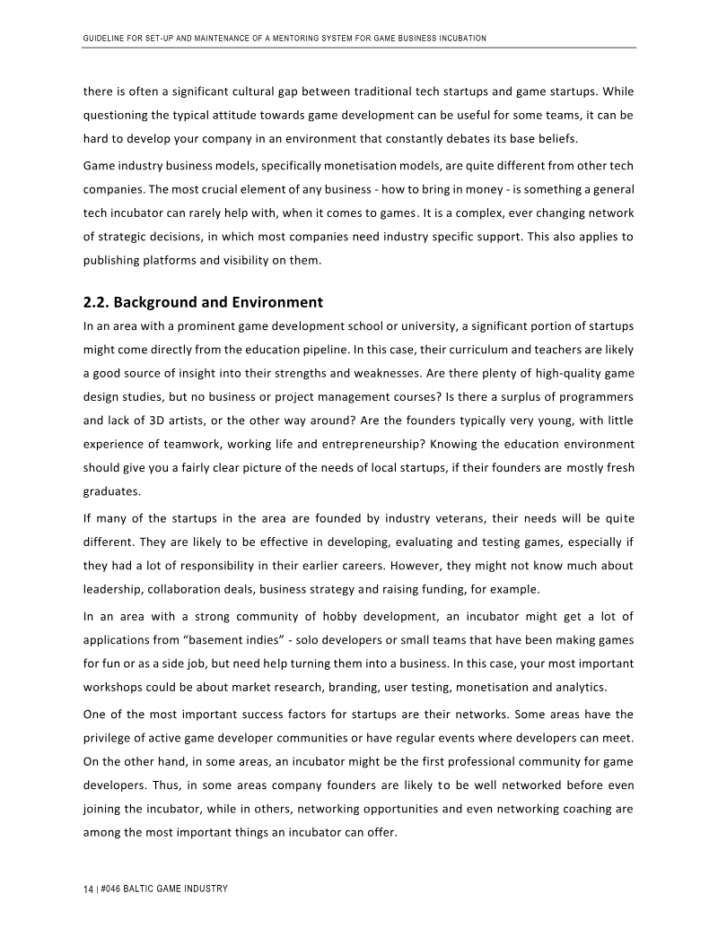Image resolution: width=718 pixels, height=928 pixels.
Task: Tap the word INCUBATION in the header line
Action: point(460,39)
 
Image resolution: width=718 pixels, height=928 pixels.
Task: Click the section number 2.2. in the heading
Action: point(96,301)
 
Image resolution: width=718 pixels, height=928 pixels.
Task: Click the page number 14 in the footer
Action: point(87,889)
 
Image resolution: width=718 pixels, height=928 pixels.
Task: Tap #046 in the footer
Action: point(112,889)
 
